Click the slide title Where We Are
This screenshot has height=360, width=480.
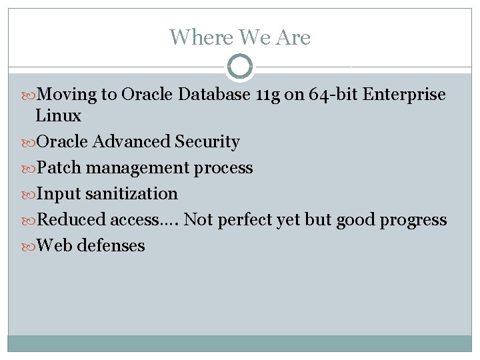click(x=240, y=37)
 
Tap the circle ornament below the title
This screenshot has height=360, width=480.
click(x=240, y=67)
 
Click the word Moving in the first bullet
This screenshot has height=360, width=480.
click(x=67, y=95)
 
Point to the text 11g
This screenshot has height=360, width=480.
click(x=268, y=95)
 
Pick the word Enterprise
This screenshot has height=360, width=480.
click(x=405, y=95)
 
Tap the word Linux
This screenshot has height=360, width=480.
click(x=58, y=116)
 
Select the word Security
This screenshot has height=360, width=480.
click(x=207, y=142)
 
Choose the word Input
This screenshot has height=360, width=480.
click(x=59, y=194)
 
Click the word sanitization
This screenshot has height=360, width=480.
click(x=132, y=194)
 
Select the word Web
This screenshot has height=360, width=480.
click(x=55, y=246)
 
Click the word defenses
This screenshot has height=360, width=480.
click(x=111, y=246)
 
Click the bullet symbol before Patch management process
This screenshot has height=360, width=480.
click(x=29, y=169)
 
